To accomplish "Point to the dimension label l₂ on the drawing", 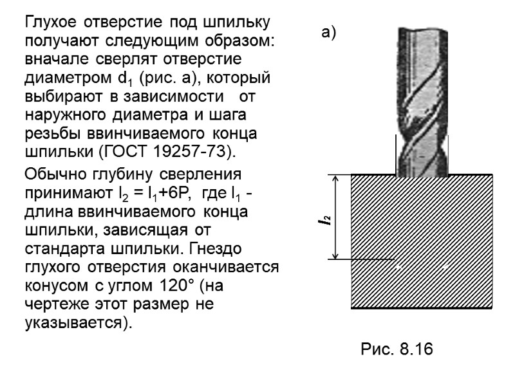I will [x=328, y=221].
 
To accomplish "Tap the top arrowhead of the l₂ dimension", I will [x=336, y=179].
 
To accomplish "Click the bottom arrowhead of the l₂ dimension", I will [x=336, y=255].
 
